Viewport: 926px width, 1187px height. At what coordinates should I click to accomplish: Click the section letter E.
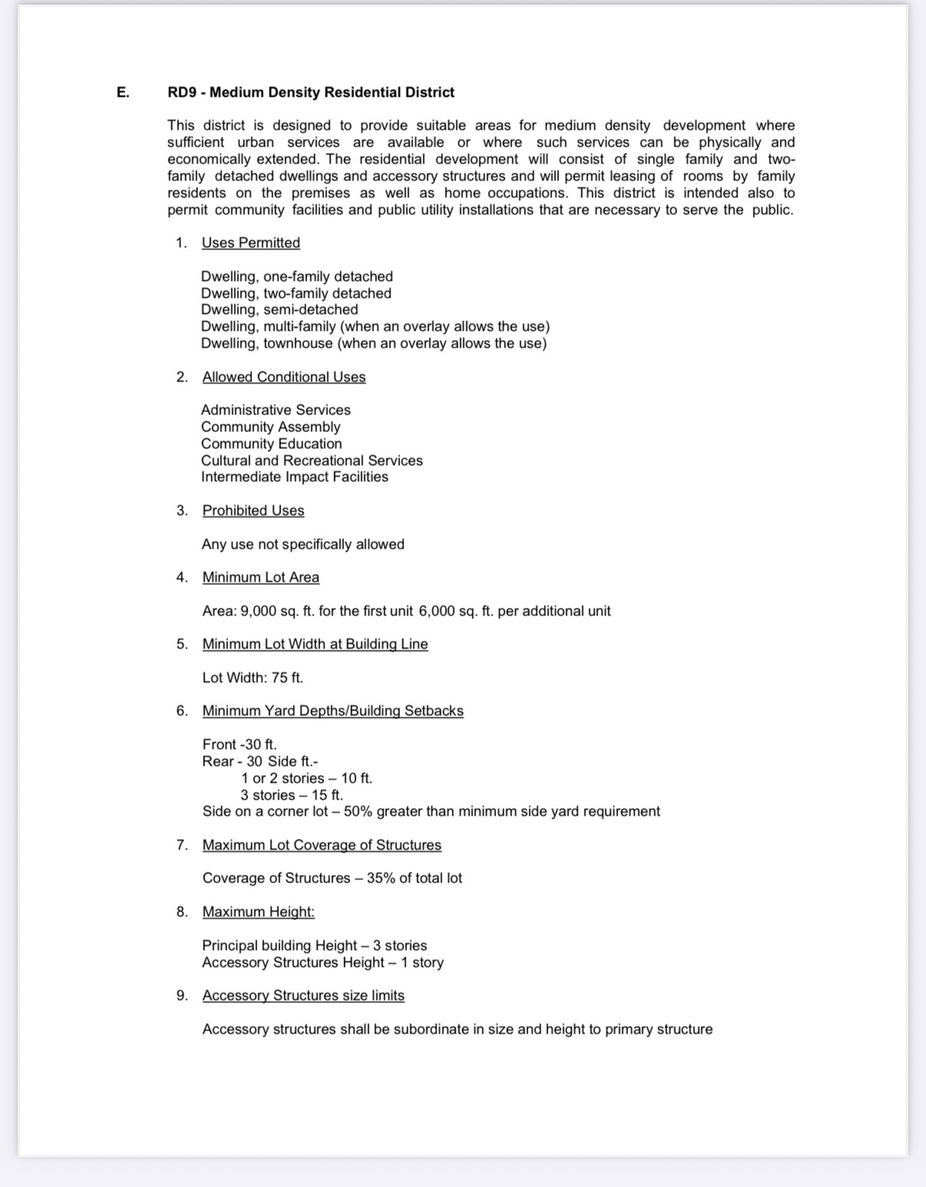[122, 93]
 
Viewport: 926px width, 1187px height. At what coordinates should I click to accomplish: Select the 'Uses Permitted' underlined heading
[250, 243]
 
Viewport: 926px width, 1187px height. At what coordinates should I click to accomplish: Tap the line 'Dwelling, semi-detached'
[279, 310]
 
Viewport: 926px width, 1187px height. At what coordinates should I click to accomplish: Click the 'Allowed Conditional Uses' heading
[284, 378]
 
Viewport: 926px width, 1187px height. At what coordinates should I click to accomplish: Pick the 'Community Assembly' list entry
[270, 427]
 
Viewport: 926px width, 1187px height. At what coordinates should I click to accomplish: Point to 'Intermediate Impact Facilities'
[295, 477]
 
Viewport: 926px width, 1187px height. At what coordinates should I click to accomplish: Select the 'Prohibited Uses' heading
[253, 511]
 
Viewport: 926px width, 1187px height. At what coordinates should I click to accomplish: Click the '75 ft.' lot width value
[287, 678]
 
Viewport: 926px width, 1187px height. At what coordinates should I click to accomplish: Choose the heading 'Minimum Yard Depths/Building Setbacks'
[332, 711]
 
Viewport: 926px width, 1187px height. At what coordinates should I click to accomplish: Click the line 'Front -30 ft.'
[240, 745]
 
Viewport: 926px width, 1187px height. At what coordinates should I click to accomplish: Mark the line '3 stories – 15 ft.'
[292, 796]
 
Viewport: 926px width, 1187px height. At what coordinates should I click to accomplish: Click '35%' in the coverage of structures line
[381, 879]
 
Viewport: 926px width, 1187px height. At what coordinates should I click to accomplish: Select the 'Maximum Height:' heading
[259, 912]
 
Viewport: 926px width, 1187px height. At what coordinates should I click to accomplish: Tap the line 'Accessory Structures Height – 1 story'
[323, 963]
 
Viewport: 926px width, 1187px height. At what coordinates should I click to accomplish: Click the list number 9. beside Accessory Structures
[182, 996]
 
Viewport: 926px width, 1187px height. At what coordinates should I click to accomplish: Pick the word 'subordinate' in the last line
[430, 1030]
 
